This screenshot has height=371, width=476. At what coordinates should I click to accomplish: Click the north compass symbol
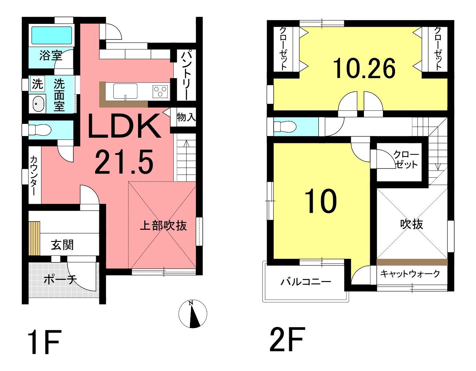pos(193,314)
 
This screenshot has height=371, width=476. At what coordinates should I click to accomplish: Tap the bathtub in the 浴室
pos(52,35)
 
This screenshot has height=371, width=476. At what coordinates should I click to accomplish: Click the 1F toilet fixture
pos(39,130)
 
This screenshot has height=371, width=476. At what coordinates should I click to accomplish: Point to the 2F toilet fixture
pos(285,127)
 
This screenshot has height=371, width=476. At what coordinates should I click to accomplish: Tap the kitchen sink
pos(125,91)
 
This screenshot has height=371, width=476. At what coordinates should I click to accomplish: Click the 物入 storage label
pos(186,117)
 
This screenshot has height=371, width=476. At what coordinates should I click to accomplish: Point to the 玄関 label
pos(62,245)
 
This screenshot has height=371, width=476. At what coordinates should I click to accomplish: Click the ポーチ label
pos(60,280)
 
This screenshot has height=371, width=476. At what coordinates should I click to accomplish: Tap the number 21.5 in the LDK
pos(124,162)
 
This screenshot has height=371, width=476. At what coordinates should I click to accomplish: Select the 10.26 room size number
pos(364,69)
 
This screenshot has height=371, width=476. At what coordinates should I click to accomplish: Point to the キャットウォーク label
pos(410,274)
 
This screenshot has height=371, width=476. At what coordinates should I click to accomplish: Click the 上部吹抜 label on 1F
pos(163,226)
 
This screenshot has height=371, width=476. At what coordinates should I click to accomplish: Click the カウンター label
pos(34,175)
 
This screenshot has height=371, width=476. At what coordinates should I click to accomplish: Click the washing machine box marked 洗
pos(37,84)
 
